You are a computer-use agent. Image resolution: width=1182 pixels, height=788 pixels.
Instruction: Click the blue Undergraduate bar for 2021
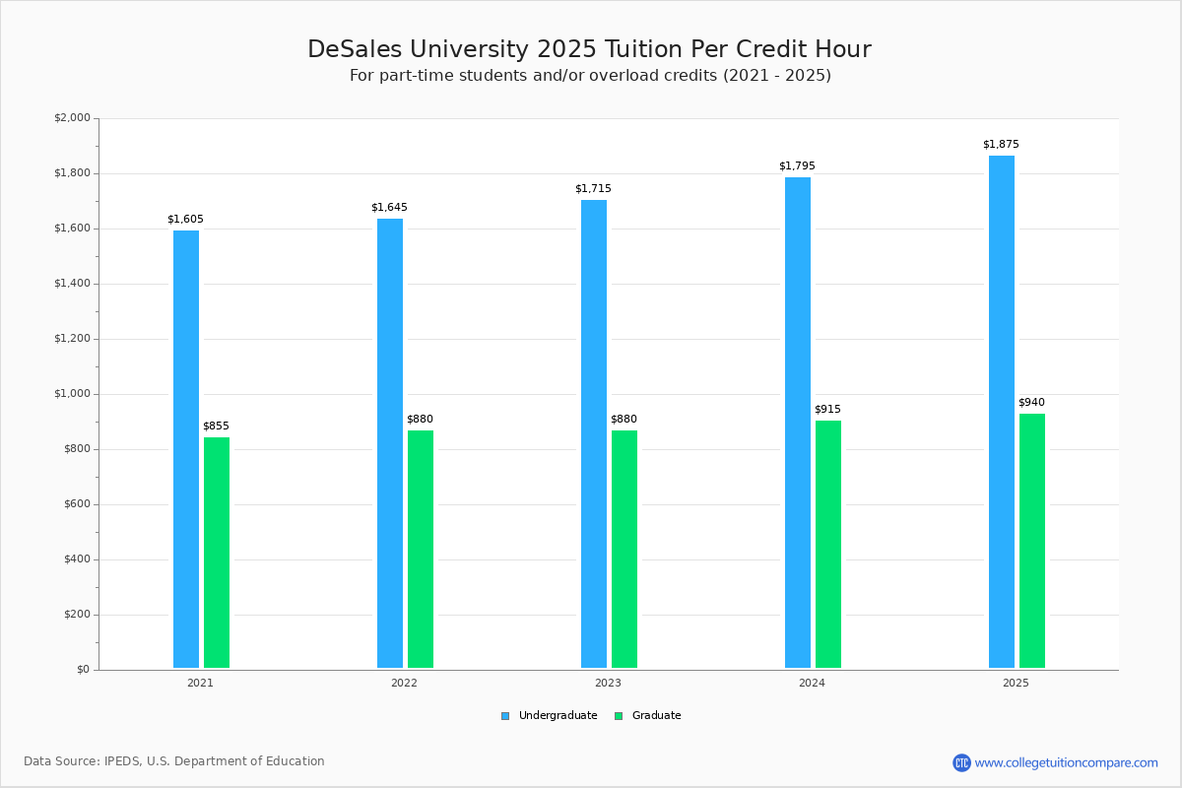(x=186, y=449)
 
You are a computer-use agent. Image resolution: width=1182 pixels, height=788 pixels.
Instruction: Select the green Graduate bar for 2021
(x=217, y=553)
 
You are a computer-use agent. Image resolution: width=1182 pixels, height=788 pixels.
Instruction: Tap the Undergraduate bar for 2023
(x=594, y=434)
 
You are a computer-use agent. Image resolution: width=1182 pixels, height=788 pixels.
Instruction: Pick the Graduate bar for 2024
(x=828, y=545)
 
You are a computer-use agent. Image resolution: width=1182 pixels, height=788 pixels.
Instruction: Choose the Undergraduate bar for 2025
(x=1002, y=412)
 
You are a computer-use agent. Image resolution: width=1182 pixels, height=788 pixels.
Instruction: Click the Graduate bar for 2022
(x=421, y=549)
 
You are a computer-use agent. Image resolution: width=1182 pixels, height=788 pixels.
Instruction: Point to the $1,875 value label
(x=1001, y=145)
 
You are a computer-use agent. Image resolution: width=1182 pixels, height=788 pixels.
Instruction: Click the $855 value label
(x=216, y=427)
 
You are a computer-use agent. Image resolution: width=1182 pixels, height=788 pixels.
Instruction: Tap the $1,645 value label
(x=389, y=208)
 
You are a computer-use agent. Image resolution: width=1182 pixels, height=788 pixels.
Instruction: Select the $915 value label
(x=827, y=410)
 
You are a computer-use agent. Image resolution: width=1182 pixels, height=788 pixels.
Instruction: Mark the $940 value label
(x=1031, y=403)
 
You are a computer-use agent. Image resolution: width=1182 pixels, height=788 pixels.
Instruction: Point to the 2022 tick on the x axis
(x=404, y=683)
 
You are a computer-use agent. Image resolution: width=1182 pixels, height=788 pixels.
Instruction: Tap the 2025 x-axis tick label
(x=1016, y=683)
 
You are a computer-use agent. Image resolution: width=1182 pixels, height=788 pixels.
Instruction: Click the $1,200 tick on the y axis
(x=72, y=339)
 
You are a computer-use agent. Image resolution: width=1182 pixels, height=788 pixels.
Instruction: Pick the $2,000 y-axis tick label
(x=72, y=118)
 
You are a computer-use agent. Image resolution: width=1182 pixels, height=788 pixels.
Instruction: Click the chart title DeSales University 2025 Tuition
(x=589, y=49)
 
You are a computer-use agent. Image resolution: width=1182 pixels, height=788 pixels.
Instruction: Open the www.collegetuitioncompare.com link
(x=1066, y=762)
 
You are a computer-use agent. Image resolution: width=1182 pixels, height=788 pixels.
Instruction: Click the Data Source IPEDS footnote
(x=174, y=761)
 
